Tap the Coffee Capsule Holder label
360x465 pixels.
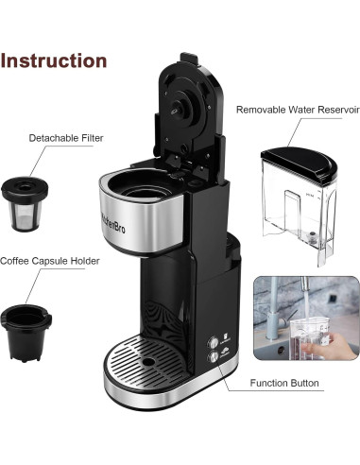pos(49,261)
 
